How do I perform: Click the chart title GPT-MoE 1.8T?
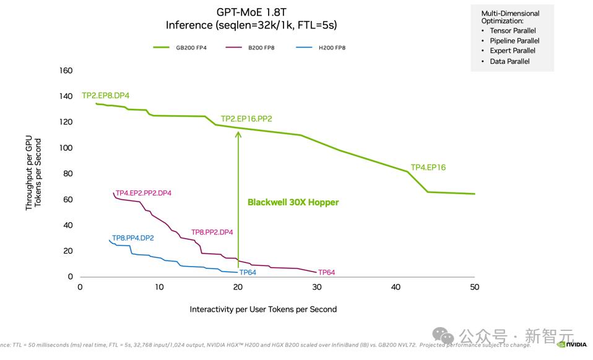pos(252,12)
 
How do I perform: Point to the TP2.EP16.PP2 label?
pos(246,119)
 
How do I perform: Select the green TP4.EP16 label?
pos(428,167)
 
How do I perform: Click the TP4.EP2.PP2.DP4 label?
pos(144,193)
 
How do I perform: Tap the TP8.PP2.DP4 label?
pos(212,232)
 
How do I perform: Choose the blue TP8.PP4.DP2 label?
pos(132,238)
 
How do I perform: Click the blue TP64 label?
pos(248,272)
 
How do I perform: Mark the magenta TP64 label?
pos(326,272)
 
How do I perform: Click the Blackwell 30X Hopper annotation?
pos(293,202)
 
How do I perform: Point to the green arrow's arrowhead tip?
pos(238,131)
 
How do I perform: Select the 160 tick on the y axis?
pos(66,71)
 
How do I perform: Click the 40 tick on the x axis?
pos(396,287)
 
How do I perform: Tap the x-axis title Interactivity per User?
pos(263,309)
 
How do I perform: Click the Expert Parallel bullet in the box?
pos(512,51)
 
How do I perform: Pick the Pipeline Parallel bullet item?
pos(514,41)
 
